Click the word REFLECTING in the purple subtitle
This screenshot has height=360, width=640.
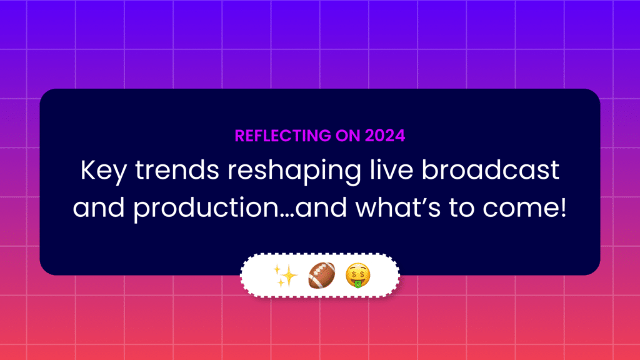tap(283, 136)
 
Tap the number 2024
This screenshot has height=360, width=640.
tap(385, 136)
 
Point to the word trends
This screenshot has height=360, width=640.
tap(177, 170)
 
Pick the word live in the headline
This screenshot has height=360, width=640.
tap(391, 170)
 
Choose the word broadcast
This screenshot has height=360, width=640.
tap(490, 170)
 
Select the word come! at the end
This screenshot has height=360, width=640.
tap(524, 207)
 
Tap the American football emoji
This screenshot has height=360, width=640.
tap(322, 276)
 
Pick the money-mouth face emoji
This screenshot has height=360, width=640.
tap(358, 276)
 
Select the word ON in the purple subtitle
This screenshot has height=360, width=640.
tap(347, 136)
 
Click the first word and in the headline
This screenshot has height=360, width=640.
tap(98, 207)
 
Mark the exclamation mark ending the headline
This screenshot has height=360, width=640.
tap(564, 207)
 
